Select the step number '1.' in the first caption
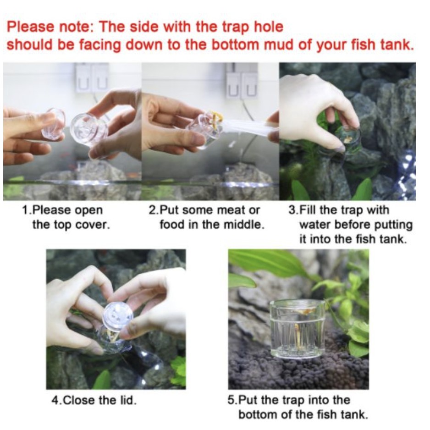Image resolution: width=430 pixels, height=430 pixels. click(x=27, y=210)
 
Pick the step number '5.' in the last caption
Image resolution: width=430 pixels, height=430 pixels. click(x=232, y=400)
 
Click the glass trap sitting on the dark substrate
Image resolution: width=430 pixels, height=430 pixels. click(x=297, y=329)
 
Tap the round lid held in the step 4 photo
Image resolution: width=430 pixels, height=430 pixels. click(x=118, y=316)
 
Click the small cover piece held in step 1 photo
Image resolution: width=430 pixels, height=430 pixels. click(x=54, y=124)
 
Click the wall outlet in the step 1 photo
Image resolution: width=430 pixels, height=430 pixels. click(x=92, y=77)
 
